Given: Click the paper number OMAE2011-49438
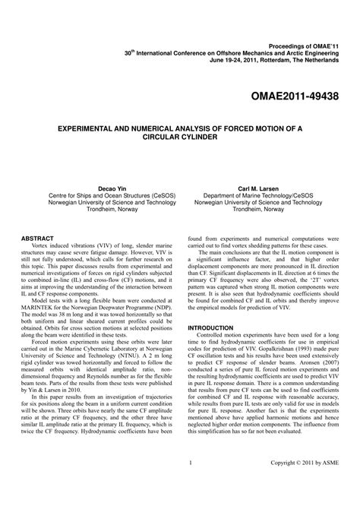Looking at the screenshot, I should click(296, 77).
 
